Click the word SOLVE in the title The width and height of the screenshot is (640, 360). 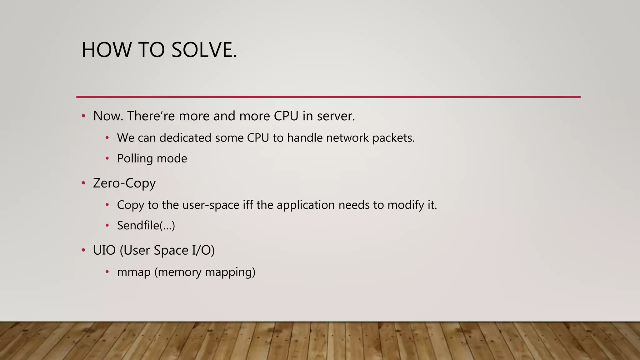coord(204,50)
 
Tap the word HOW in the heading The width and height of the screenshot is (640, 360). coord(106,50)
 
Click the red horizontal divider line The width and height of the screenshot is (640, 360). coord(328,97)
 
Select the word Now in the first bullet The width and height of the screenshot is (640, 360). coord(108,116)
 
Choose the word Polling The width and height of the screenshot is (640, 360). coord(135,158)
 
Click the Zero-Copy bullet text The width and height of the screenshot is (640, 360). coord(124,183)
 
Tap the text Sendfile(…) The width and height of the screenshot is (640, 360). coord(146,226)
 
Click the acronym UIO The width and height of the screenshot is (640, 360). coord(104,250)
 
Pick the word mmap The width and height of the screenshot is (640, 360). coord(134,272)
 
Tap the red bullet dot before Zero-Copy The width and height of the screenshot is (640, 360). coord(83,183)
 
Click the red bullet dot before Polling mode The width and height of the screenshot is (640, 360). coord(107,158)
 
